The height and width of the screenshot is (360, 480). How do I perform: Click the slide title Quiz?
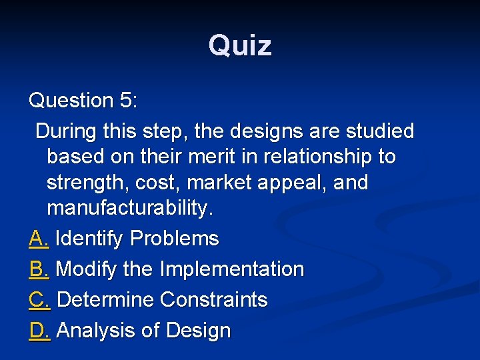click(x=240, y=46)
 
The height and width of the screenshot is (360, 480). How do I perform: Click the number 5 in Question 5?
click(x=127, y=101)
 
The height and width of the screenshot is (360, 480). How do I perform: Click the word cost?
click(x=160, y=183)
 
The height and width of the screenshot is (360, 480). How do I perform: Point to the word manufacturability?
click(x=130, y=209)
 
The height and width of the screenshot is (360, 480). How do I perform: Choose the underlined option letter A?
click(x=38, y=239)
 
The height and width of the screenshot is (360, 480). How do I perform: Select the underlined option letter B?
click(x=38, y=269)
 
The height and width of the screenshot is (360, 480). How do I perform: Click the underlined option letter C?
click(x=39, y=300)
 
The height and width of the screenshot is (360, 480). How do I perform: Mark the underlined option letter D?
click(x=39, y=331)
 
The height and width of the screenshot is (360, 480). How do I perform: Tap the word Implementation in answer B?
click(x=232, y=269)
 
